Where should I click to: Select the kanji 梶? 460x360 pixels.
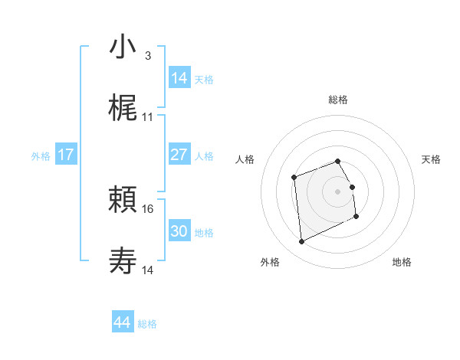(x=123, y=110)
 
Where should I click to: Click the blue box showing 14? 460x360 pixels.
(x=179, y=78)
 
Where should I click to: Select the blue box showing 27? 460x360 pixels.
(x=179, y=155)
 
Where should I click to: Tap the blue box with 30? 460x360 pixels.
(x=179, y=231)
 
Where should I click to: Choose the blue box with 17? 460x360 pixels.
(x=66, y=155)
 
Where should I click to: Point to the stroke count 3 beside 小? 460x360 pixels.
(x=147, y=55)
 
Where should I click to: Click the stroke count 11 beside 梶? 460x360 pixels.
(x=148, y=117)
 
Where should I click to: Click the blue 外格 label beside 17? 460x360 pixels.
(x=41, y=156)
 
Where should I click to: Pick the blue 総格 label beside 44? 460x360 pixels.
(x=147, y=324)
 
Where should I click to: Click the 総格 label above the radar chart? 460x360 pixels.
(x=338, y=100)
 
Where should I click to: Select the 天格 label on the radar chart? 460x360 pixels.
(x=432, y=159)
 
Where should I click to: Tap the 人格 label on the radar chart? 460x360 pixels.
(x=245, y=159)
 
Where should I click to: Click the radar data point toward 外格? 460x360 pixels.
(x=301, y=242)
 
